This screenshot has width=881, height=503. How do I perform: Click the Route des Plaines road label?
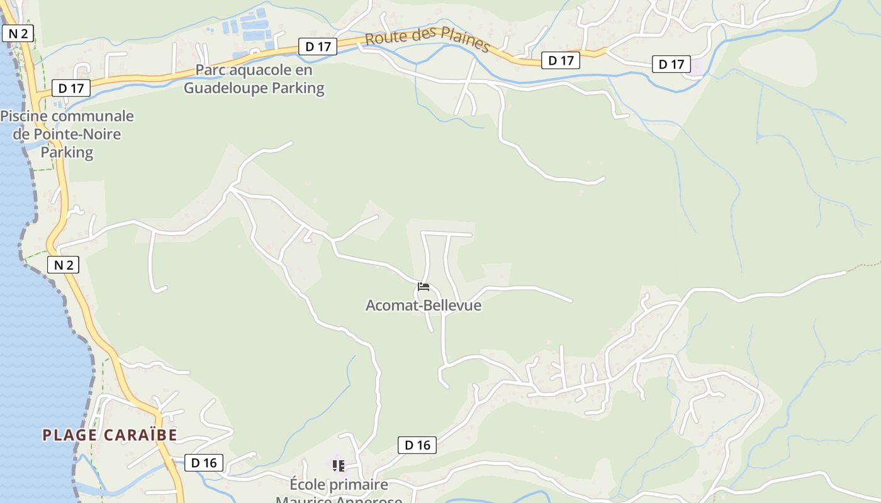(427, 40)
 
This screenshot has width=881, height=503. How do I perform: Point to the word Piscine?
(25, 116)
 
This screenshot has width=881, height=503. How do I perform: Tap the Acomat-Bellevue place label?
(424, 306)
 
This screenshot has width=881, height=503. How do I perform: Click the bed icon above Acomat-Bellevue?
(424, 287)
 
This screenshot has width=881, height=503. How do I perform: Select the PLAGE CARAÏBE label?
(109, 435)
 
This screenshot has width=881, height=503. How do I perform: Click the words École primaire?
(339, 485)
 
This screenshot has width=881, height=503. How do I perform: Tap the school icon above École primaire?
(339, 466)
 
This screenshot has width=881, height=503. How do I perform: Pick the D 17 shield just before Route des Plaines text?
(318, 46)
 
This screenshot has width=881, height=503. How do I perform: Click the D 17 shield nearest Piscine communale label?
(71, 88)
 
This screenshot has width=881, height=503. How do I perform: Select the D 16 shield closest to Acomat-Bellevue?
(417, 445)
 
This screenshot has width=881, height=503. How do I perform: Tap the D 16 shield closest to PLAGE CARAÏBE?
(204, 463)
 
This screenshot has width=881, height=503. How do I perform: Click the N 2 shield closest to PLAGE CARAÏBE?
(64, 265)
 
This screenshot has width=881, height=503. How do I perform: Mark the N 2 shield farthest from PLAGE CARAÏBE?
(18, 33)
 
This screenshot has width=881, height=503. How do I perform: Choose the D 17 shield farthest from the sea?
(671, 64)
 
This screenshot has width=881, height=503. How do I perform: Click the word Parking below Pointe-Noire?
(67, 152)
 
